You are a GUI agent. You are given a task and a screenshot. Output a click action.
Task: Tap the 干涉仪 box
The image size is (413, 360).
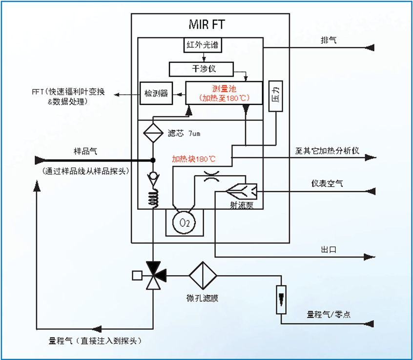click(201, 69)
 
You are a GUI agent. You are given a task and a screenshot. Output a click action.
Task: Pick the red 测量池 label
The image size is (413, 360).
click(224, 88)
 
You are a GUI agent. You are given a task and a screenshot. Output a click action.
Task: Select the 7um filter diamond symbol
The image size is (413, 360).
click(153, 133)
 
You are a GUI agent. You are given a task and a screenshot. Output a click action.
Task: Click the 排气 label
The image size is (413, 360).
click(328, 40)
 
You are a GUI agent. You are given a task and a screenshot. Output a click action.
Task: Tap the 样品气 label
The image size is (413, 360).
click(85, 151)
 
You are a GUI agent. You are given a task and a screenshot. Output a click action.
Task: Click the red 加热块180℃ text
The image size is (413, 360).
click(194, 159)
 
